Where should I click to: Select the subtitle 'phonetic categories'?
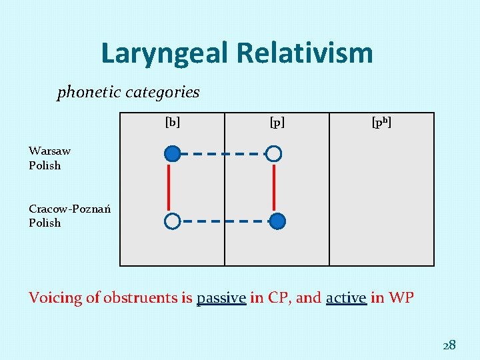pos(128,92)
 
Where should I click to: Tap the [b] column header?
pos(172,122)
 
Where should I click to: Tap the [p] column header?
pos(277,122)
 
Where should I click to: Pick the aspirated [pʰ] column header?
pos(381,122)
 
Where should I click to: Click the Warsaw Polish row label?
pos(49,158)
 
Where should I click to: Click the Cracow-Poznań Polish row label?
pos(69,215)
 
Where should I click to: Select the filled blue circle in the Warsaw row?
pos(172,154)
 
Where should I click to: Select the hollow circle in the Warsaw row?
pos(274,154)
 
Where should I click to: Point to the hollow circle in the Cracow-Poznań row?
pos(172,221)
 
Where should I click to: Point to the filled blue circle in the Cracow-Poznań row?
pos(279,221)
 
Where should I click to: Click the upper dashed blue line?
pos(223,154)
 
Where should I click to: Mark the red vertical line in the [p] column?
pos(274,187)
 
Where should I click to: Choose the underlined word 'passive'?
pos(221,298)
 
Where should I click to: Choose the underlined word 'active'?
pos(346,298)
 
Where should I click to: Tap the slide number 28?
pos(449,345)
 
